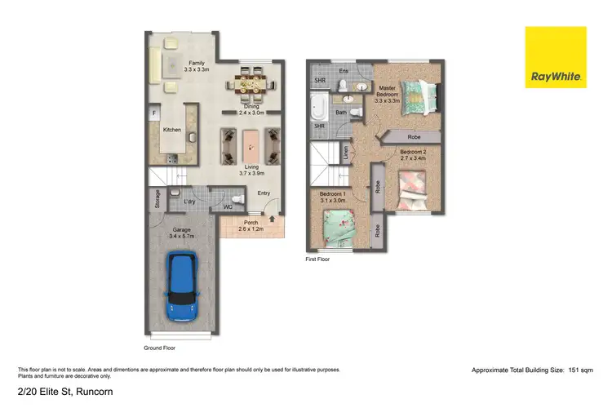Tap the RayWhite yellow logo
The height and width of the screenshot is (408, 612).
(556, 57)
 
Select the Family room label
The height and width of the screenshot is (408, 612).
(197, 63)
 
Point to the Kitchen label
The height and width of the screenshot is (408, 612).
(172, 130)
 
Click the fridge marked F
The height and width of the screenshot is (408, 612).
(153, 113)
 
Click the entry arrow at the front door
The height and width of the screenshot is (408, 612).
(273, 218)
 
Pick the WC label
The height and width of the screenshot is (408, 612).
(228, 207)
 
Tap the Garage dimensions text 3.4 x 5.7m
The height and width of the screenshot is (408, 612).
(181, 236)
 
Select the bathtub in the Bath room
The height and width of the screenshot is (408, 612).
(317, 106)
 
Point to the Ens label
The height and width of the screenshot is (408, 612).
(344, 72)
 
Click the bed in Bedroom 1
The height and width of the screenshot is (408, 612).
(335, 228)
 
